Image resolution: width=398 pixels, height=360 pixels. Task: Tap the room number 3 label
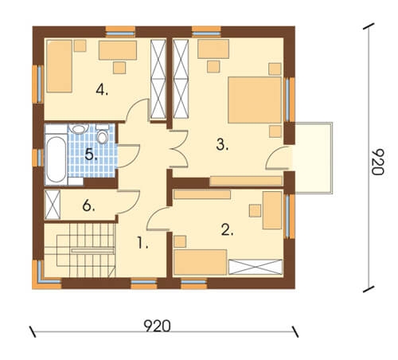click(222, 145)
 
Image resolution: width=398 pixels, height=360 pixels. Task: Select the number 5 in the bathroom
click(91, 155)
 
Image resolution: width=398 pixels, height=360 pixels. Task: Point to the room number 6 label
click(88, 205)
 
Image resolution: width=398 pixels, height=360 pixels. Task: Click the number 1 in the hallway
click(142, 243)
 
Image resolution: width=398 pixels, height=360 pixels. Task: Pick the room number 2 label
click(227, 230)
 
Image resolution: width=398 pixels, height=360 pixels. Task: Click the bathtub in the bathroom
click(56, 159)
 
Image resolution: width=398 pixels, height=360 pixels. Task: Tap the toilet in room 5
click(102, 135)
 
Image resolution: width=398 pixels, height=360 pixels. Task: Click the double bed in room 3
click(255, 100)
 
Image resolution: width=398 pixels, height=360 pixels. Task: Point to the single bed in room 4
click(60, 66)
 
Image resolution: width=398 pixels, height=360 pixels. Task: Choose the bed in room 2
click(200, 262)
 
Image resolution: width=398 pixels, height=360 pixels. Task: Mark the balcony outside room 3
click(313, 158)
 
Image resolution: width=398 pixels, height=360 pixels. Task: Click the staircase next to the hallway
click(80, 250)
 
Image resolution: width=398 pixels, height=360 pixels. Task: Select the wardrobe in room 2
click(256, 267)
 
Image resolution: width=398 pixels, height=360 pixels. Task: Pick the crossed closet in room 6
click(53, 205)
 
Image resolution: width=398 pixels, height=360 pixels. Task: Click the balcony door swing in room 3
click(277, 158)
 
